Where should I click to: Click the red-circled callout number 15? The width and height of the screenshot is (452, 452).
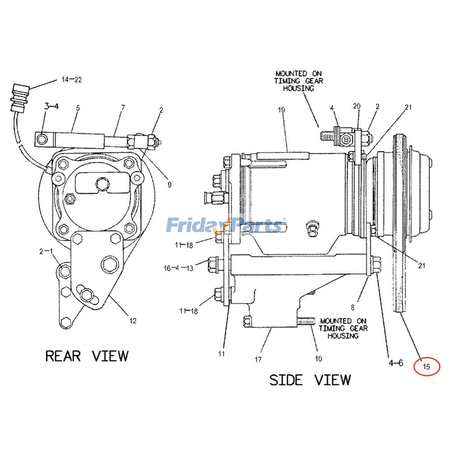(426, 367)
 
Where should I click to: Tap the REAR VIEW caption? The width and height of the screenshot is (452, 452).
(87, 356)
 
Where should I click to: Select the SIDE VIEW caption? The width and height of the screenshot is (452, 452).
(310, 380)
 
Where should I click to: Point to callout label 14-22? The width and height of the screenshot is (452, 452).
(71, 80)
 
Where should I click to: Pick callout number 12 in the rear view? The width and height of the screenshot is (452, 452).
(133, 321)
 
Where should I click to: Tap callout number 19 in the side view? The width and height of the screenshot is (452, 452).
(281, 110)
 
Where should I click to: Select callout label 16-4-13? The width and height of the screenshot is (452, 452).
(178, 268)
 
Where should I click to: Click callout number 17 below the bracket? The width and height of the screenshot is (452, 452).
(258, 359)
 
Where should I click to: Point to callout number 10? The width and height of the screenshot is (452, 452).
(318, 358)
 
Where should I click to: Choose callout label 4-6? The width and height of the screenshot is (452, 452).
(396, 363)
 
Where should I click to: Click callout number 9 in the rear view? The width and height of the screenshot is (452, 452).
(169, 185)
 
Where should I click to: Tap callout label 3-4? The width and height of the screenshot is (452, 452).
(51, 107)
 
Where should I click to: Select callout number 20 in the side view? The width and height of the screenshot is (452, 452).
(357, 106)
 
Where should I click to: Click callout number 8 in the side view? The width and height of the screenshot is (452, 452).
(352, 307)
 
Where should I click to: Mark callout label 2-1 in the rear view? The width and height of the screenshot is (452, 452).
(46, 251)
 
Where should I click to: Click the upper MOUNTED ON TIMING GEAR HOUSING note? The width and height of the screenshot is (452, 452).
(299, 81)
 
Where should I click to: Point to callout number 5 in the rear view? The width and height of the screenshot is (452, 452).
(78, 108)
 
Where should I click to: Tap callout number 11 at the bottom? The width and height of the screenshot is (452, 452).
(221, 353)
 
